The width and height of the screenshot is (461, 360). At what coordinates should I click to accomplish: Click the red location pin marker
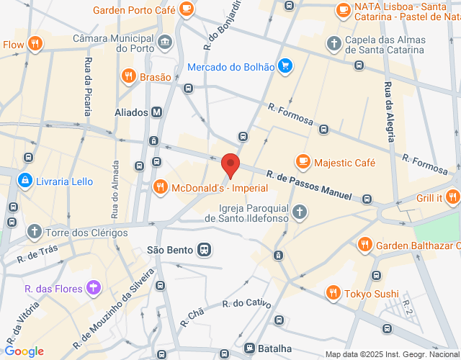230,164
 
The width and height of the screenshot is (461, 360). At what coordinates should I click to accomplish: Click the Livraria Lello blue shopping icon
26,179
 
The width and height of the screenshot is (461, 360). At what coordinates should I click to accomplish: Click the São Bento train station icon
205,250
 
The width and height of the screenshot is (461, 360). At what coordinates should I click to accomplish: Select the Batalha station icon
249,347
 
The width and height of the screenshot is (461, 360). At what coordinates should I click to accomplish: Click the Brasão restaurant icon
128,75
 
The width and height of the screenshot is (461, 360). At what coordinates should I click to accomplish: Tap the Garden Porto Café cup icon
187,10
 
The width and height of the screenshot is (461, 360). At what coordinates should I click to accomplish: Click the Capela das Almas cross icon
333,44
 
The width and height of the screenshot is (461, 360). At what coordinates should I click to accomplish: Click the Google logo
24,351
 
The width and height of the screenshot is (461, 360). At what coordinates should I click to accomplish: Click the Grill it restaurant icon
452,197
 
